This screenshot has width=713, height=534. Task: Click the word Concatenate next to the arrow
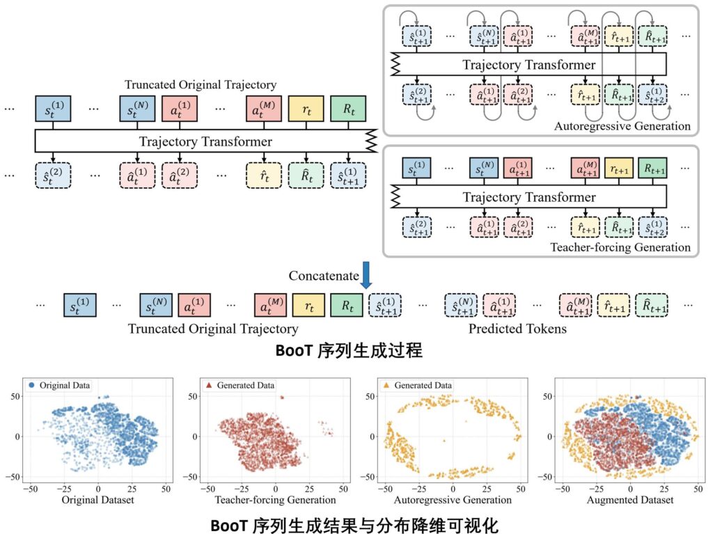coord(323,276)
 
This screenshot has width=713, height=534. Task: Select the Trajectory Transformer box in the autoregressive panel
coord(529,65)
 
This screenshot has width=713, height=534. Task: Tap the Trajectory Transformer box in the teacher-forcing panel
coord(529,197)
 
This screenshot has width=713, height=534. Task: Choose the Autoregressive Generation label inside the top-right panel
coord(622,126)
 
